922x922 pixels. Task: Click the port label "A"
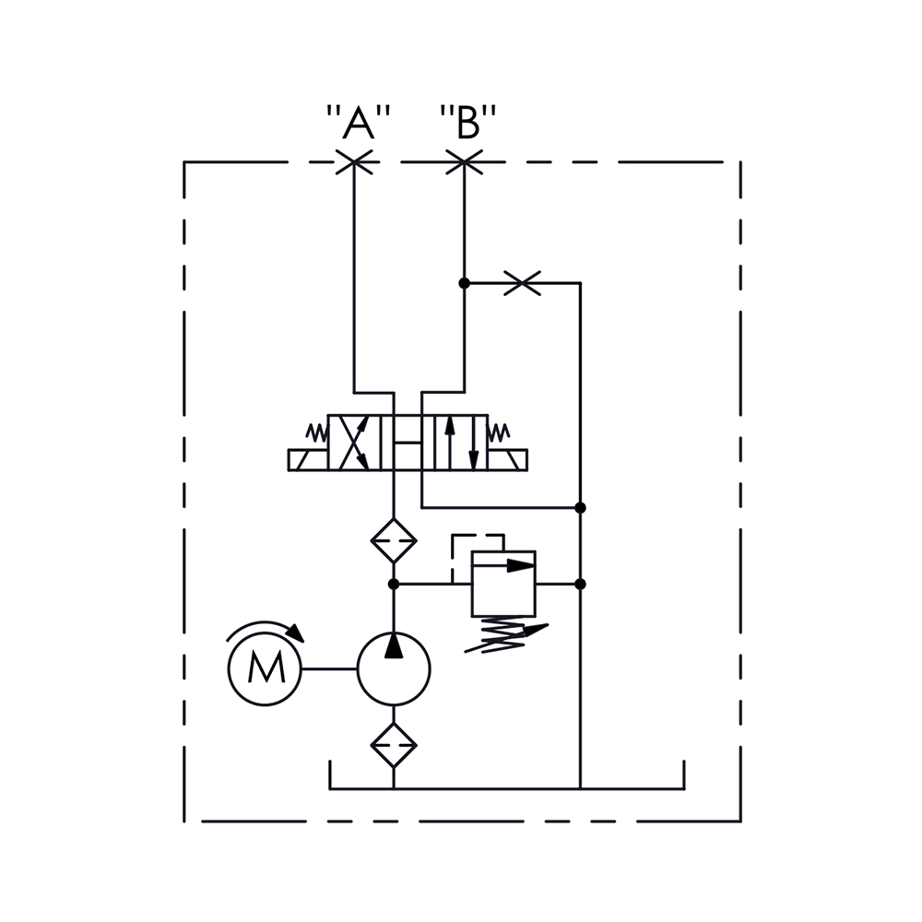(358, 123)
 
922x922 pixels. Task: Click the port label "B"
(468, 123)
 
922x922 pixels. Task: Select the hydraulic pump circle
(394, 668)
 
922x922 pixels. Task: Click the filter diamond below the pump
(394, 745)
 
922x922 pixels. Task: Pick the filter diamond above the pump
(394, 541)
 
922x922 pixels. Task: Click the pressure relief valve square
(503, 584)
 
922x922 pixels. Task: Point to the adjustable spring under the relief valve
(505, 635)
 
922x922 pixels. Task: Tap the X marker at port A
(354, 161)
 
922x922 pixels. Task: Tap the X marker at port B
(464, 161)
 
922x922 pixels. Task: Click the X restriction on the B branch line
(522, 283)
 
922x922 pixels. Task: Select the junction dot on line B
(464, 283)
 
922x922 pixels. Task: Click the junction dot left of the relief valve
(394, 584)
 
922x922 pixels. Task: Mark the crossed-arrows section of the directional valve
(354, 443)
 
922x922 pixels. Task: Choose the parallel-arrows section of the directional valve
(461, 443)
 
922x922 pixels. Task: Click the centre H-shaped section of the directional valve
(408, 443)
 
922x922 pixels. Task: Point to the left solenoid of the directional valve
(308, 460)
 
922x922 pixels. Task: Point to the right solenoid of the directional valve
(507, 460)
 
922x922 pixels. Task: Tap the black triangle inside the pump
(394, 645)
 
